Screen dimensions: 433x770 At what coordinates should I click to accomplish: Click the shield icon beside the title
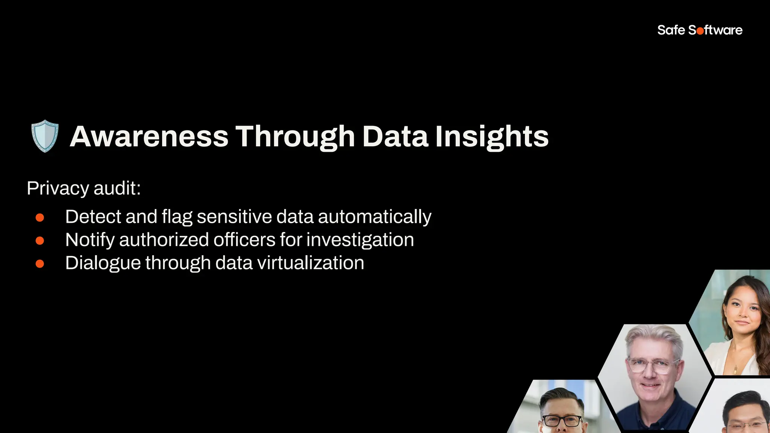(x=45, y=136)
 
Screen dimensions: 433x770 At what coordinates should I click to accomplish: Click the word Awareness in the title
(x=149, y=136)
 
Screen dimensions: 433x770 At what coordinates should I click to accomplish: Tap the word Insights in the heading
(x=492, y=136)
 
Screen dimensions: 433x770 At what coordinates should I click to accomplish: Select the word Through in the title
(x=295, y=136)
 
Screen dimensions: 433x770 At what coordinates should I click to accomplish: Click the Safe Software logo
(x=700, y=30)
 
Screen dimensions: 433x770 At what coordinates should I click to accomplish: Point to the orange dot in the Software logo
(x=700, y=31)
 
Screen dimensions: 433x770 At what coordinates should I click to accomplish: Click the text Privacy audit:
(x=83, y=188)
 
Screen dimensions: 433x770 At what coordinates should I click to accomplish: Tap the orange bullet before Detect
(x=40, y=218)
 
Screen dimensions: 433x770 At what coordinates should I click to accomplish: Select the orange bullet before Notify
(x=40, y=241)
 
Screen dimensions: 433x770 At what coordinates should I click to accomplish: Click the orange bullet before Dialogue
(x=40, y=264)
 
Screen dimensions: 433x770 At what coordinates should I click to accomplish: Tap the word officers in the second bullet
(x=244, y=240)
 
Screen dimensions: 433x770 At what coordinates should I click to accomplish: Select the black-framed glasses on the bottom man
(x=562, y=421)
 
